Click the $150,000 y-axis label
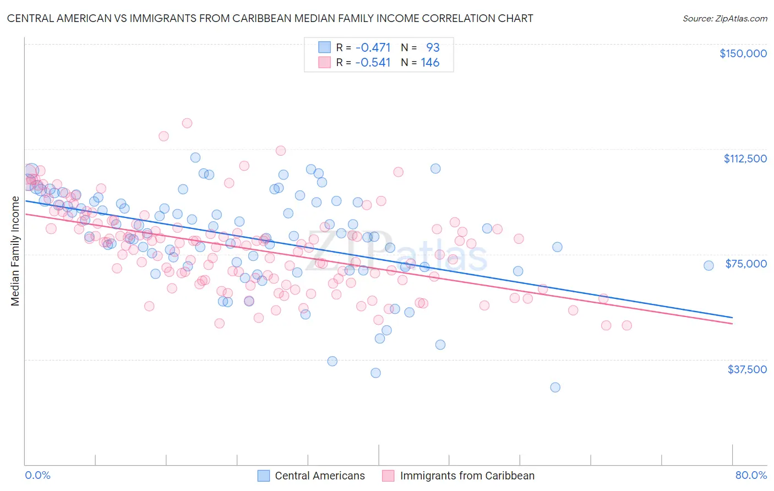point(743,53)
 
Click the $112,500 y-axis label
point(745,159)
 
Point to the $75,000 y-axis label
point(746,264)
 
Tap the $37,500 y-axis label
point(747,369)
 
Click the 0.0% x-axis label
point(37,475)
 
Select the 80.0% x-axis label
point(751,475)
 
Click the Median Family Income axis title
point(15,251)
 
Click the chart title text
point(270,18)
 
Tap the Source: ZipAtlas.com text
point(724,19)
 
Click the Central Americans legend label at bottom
point(319,476)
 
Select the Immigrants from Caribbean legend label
point(467,476)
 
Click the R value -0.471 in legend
point(373,47)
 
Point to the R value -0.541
point(373,62)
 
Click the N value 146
point(430,62)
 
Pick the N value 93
point(433,47)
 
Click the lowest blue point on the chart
point(555,387)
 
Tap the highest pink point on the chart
point(187,123)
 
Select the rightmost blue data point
point(708,265)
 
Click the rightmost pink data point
point(626,325)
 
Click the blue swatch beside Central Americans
point(264,476)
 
